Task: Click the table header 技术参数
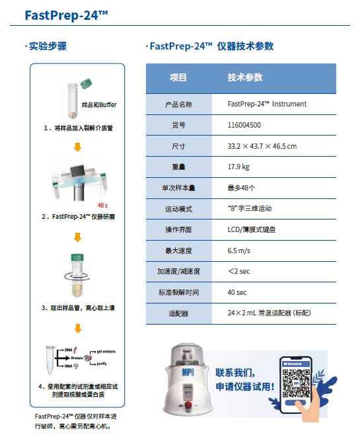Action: [x=245, y=77]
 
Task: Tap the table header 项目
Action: [x=178, y=77]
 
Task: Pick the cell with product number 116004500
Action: [x=244, y=125]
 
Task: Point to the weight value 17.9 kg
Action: [x=238, y=167]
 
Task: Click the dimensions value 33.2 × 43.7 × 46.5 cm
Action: [x=262, y=146]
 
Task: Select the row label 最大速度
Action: [x=178, y=250]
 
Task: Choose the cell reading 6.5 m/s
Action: [x=241, y=250]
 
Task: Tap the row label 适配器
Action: [x=178, y=313]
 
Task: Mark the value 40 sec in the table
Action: [x=237, y=292]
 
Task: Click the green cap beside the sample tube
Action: [x=86, y=83]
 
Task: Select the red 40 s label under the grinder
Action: [x=102, y=206]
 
